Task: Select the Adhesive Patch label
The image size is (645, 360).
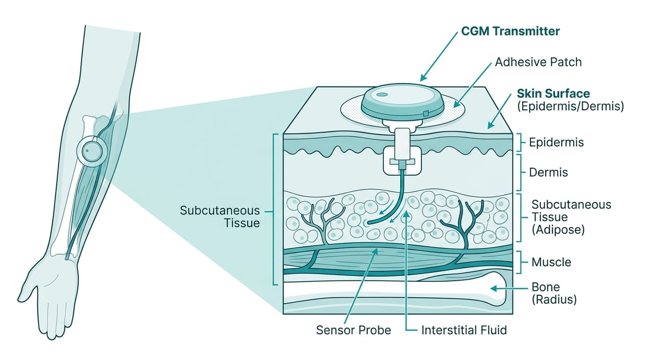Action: (x=538, y=62)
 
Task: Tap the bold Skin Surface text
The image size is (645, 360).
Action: (x=553, y=93)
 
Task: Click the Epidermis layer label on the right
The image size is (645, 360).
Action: (x=556, y=142)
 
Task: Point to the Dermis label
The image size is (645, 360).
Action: (x=548, y=172)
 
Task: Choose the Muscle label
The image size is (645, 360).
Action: (x=551, y=262)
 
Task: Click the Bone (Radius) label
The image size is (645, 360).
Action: (x=554, y=293)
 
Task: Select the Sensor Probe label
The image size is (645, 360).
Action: (x=353, y=330)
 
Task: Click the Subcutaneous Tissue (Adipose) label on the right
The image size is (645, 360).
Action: (x=571, y=217)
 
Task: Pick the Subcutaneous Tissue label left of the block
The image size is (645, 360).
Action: (x=220, y=216)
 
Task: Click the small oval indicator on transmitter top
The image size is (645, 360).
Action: (x=382, y=95)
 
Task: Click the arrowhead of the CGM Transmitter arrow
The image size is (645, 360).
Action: (x=422, y=78)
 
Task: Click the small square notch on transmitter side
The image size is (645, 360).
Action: (x=425, y=114)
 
